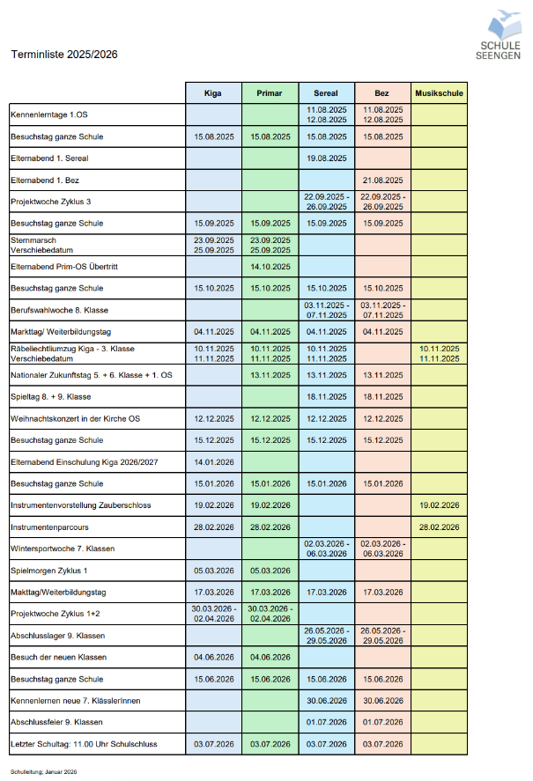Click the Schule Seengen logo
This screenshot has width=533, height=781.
pos(499,34)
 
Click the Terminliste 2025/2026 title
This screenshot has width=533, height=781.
pos(64,55)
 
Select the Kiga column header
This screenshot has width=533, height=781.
pos(212,92)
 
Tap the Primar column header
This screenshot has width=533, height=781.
pos(270,92)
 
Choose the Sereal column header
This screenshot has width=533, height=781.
pos(326,92)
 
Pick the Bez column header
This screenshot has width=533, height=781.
pos(382,92)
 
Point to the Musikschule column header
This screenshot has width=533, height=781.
pos(439,92)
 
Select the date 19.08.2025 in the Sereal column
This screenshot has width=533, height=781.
pos(326,158)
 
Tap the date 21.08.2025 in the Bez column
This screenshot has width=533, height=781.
pos(382,181)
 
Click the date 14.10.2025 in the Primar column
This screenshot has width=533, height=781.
pos(270,266)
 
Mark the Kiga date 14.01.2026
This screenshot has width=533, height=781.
pos(212,461)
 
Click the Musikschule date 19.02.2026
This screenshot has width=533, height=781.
pos(439,505)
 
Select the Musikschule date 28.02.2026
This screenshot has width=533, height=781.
pos(439,527)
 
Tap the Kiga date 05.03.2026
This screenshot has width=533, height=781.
pos(212,570)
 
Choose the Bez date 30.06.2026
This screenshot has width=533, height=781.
pos(382,701)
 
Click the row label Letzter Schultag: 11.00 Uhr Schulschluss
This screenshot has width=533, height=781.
pos(83,744)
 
